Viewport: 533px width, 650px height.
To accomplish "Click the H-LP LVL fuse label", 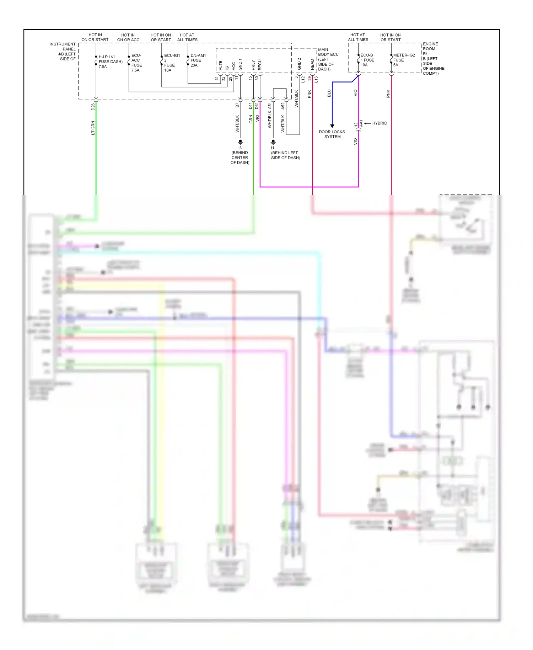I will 111,62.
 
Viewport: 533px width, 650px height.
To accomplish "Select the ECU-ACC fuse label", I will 136,63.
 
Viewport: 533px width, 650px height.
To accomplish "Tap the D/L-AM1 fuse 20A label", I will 198,60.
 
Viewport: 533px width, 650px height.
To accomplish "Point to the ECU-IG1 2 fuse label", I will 172,63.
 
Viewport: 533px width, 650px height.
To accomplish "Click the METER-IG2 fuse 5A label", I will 404,60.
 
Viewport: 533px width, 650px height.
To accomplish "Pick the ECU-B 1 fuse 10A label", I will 367,60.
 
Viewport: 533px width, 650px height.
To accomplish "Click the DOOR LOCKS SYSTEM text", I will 332,134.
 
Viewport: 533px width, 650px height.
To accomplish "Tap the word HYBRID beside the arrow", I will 379,123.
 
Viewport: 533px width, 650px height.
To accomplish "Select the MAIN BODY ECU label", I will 328,59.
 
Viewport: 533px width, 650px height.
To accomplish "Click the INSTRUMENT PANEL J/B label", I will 63,52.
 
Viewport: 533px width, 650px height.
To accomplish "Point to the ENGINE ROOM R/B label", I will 433,59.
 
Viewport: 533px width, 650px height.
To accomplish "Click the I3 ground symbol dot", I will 240,142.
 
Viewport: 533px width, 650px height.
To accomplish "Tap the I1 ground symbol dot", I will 273,142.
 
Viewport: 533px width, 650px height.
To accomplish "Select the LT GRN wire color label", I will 93,128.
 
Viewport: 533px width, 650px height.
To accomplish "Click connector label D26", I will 93,106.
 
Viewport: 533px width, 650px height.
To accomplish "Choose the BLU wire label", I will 329,93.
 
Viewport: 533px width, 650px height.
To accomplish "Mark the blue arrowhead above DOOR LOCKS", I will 332,126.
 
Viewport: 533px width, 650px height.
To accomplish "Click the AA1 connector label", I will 361,123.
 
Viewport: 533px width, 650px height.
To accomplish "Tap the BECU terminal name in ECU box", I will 260,65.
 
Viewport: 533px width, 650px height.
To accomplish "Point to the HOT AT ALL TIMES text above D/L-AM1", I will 187,37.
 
